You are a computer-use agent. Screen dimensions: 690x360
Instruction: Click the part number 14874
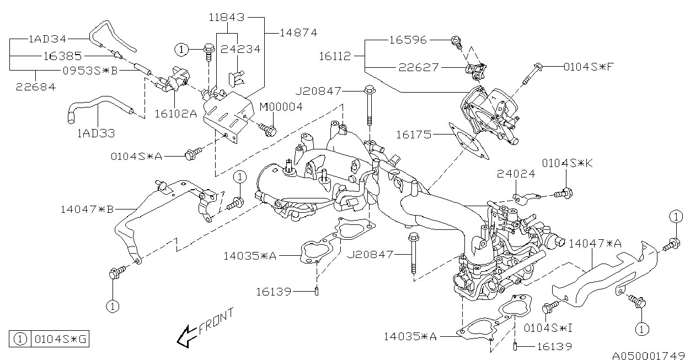click(298, 33)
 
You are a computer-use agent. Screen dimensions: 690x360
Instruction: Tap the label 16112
click(335, 56)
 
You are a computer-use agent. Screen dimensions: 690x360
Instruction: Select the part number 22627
click(419, 67)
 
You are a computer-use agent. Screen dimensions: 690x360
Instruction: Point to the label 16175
click(413, 135)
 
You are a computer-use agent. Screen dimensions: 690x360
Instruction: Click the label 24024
click(516, 174)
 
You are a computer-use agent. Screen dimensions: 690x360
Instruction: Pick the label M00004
click(281, 107)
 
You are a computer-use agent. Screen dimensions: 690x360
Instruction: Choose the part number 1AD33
click(96, 133)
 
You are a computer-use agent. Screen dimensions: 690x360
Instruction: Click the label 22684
click(36, 87)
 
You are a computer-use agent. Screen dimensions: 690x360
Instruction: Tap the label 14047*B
click(87, 209)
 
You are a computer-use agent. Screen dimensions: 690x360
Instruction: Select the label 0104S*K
click(568, 163)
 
